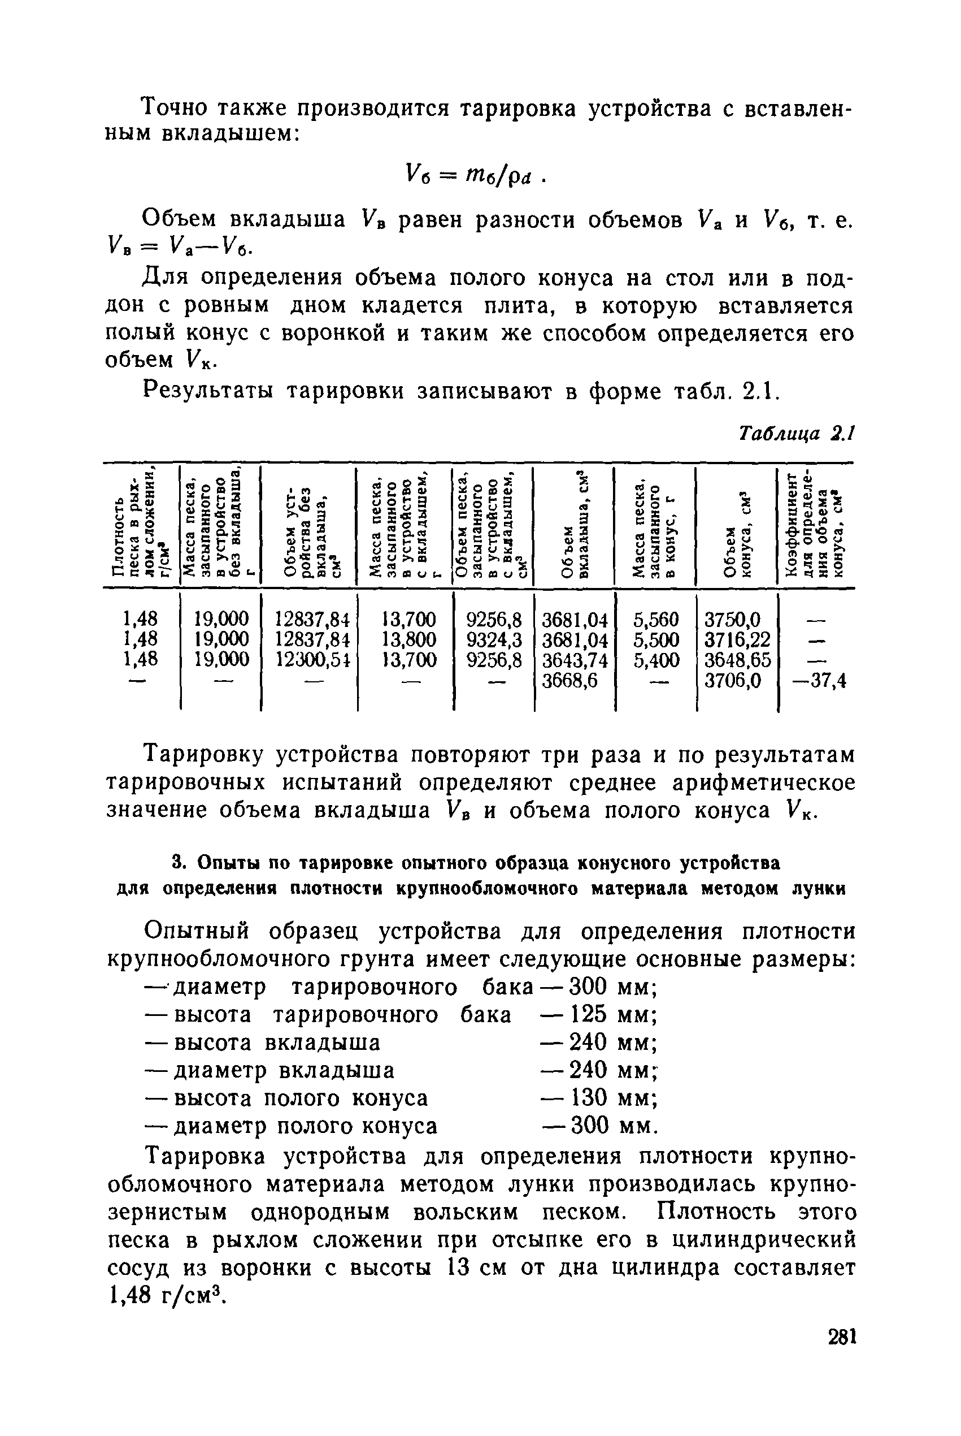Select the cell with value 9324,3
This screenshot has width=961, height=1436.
pyautogui.click(x=494, y=639)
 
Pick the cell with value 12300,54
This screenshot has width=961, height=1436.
pyautogui.click(x=312, y=660)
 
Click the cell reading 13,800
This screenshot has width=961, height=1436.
pyautogui.click(x=409, y=639)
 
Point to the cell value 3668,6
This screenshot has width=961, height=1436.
pyautogui.click(x=570, y=680)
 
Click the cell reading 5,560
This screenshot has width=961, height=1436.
pyautogui.click(x=656, y=619)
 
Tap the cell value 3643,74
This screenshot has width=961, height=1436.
pyautogui.click(x=576, y=660)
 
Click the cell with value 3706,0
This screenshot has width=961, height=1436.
pyautogui.click(x=733, y=680)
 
